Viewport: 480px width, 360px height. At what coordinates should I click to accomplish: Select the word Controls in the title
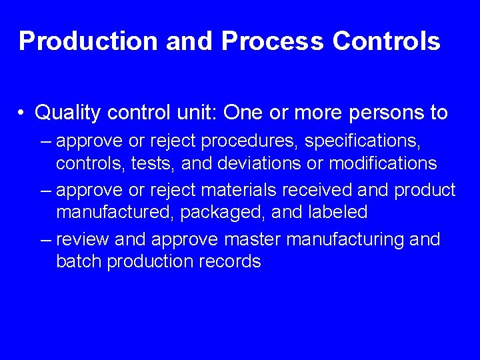tap(386, 41)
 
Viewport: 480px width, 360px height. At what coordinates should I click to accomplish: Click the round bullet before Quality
tap(23, 113)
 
